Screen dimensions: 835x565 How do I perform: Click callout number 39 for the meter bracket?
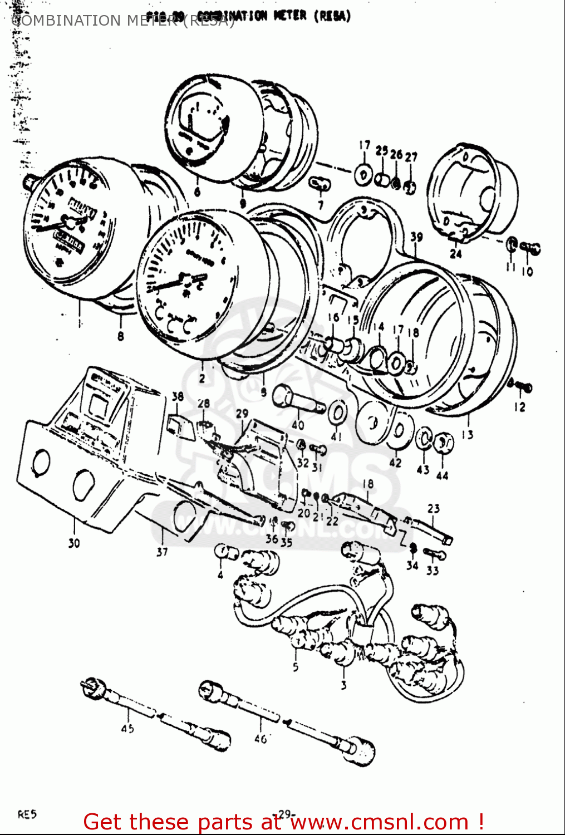pos(416,237)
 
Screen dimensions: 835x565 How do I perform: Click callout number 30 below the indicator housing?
pos(74,543)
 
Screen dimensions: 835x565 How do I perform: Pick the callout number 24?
pos(456,254)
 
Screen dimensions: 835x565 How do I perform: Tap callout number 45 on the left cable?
pos(127,728)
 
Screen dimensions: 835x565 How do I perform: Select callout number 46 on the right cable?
pos(261,739)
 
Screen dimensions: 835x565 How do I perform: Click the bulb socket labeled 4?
pos(226,553)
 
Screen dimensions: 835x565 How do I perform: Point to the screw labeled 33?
pos(435,554)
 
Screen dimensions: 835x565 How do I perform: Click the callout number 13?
pos(467,435)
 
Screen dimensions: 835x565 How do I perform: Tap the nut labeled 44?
pos(444,444)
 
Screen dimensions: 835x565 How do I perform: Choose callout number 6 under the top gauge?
pos(196,193)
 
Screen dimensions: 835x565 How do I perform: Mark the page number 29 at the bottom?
pos(284,814)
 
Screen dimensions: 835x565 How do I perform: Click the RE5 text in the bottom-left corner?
pos(27,814)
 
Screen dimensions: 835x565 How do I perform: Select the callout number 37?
pos(162,552)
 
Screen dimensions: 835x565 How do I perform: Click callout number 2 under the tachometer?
pos(202,379)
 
